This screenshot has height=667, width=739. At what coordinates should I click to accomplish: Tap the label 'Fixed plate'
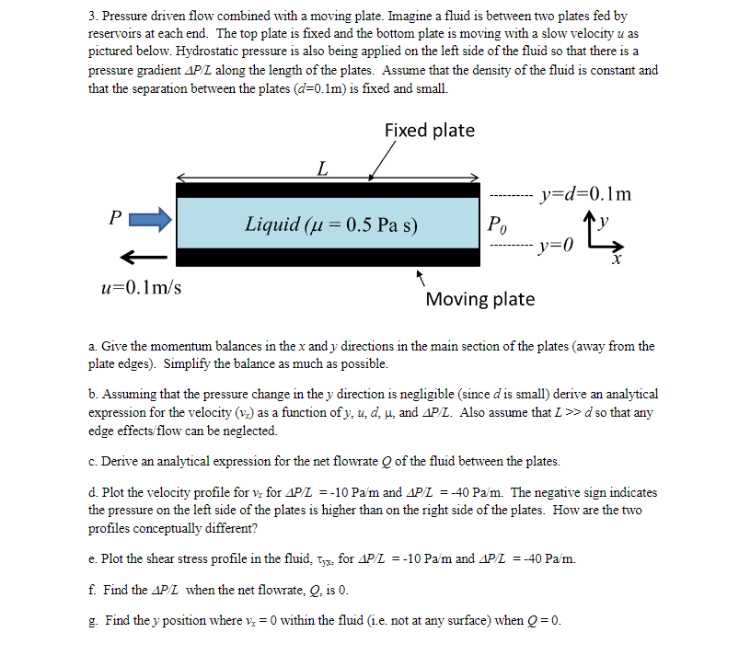(429, 131)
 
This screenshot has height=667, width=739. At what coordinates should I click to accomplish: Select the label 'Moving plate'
(479, 299)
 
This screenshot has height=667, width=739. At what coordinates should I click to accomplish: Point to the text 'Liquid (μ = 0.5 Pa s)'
(331, 224)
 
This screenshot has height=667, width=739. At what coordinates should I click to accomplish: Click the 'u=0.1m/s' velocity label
(141, 287)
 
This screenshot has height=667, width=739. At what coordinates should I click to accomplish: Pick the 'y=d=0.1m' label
(586, 194)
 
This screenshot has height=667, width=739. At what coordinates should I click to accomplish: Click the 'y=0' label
(556, 246)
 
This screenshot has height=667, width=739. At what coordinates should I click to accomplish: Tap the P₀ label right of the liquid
(496, 224)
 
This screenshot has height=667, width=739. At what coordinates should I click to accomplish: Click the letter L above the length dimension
(321, 167)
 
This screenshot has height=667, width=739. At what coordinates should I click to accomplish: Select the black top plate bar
(328, 190)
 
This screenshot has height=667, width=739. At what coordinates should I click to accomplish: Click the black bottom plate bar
(328, 257)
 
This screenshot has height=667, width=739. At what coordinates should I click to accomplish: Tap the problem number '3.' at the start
(94, 17)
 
